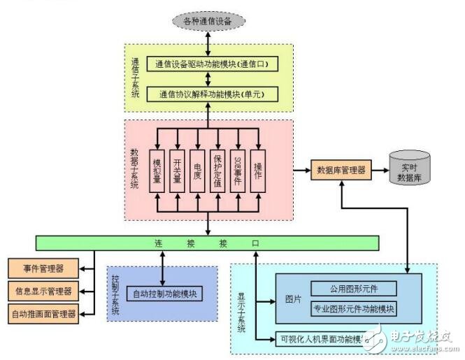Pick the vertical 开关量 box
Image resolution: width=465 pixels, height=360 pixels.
click(178, 168)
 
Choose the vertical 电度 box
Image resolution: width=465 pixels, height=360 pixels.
click(198, 168)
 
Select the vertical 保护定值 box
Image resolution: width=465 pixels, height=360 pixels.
click(218, 168)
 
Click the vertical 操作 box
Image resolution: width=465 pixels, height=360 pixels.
click(258, 168)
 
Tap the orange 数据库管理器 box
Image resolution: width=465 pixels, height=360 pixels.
click(341, 170)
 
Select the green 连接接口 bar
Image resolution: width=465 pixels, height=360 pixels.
click(208, 243)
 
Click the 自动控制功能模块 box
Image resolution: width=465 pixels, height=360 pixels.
click(163, 293)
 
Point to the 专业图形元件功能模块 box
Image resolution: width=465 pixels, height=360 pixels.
click(354, 308)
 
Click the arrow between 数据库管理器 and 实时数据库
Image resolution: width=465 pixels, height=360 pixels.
click(380, 170)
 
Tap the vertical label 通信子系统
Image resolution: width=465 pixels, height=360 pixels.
click(135, 77)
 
